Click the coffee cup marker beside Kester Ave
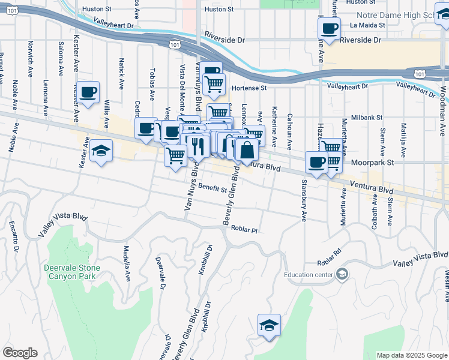coord(88,92)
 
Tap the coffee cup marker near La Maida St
coord(329,28)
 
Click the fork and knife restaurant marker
coord(196,145)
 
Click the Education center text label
coord(309,275)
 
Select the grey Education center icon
coord(342,275)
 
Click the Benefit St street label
coord(213,188)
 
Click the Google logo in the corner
coord(20,353)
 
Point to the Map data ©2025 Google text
coord(411,355)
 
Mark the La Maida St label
coord(366,25)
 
